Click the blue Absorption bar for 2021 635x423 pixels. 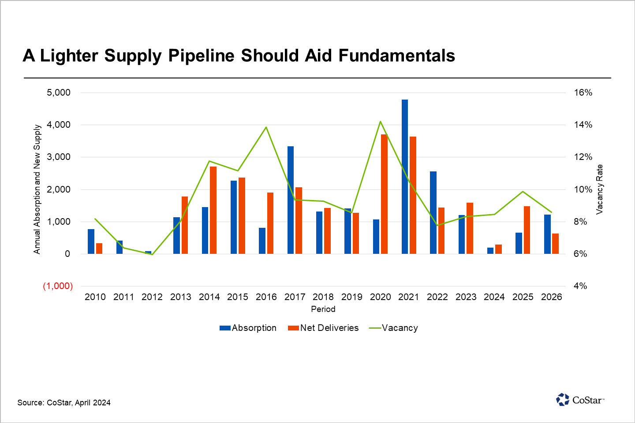(x=405, y=176)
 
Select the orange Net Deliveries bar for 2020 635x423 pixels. (x=384, y=194)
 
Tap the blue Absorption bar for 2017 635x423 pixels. (x=291, y=200)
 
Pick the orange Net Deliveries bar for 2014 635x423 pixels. (x=213, y=210)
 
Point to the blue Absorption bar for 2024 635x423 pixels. (x=490, y=251)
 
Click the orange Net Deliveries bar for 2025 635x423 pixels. (x=527, y=230)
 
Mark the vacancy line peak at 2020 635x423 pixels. (x=380, y=122)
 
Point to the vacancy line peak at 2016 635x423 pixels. (x=266, y=127)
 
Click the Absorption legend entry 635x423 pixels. (x=248, y=328)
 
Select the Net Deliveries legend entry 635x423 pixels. (x=323, y=328)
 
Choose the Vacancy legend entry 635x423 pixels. (x=393, y=328)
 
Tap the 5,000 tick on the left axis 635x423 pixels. (x=59, y=93)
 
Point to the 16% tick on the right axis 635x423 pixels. (x=583, y=93)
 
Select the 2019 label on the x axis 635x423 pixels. (x=352, y=297)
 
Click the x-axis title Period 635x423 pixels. (x=323, y=309)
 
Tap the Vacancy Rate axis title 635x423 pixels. (x=599, y=189)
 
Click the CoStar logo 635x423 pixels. (x=580, y=400)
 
